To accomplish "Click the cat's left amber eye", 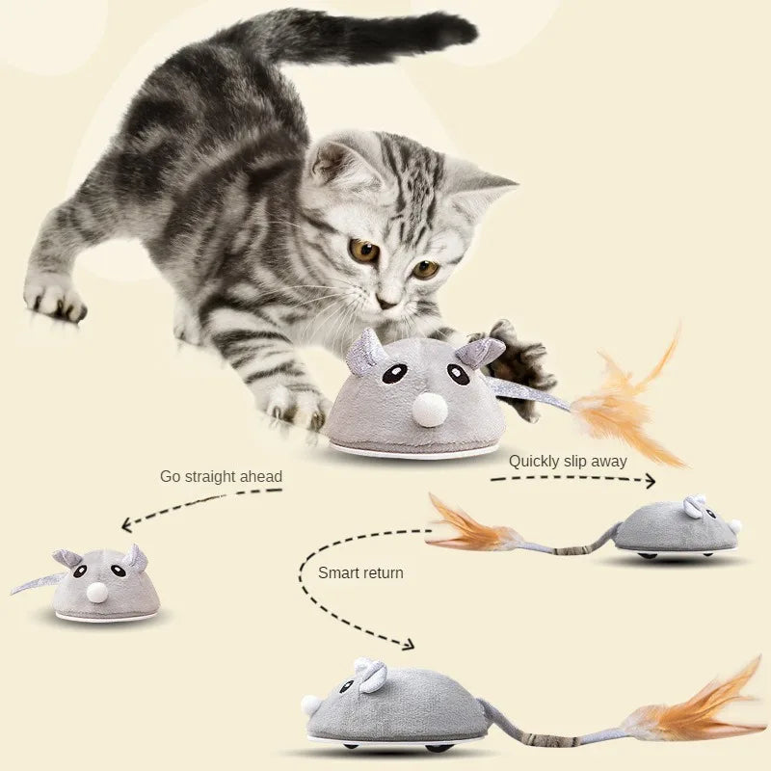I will click(364, 252).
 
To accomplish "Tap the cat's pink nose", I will click(386, 303).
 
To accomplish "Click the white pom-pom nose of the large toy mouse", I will click(430, 411).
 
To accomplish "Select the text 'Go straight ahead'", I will click(221, 476).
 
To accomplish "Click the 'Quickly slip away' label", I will click(568, 461).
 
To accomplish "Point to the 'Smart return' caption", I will click(360, 572).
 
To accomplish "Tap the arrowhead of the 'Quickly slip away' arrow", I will click(649, 480).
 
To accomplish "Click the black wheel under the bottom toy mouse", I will click(439, 745).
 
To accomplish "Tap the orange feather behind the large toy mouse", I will click(626, 405).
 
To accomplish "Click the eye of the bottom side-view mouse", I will click(345, 686).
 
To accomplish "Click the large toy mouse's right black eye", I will click(460, 373).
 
